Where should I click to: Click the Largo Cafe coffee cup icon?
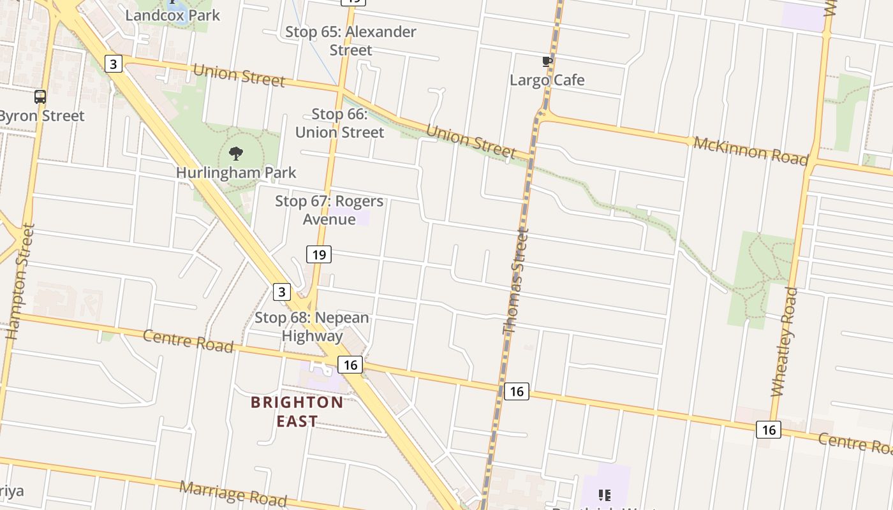click(547, 62)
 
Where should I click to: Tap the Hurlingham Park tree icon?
click(236, 153)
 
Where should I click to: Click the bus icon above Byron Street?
click(40, 97)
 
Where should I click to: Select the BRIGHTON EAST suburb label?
click(297, 411)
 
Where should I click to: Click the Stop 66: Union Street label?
click(339, 123)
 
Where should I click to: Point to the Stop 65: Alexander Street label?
click(351, 40)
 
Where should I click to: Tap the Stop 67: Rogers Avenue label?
click(329, 210)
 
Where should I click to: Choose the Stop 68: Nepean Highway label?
click(312, 326)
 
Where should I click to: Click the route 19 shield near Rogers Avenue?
click(319, 255)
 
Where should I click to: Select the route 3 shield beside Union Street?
click(113, 64)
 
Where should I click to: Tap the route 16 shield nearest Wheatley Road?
click(769, 430)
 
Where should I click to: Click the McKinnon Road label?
click(750, 151)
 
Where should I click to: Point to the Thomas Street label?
click(515, 284)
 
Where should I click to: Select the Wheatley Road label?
click(785, 342)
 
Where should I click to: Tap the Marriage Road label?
click(233, 493)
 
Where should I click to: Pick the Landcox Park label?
click(172, 15)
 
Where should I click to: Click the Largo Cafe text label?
click(547, 80)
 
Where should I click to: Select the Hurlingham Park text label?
click(236, 172)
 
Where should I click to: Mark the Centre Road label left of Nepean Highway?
click(188, 340)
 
